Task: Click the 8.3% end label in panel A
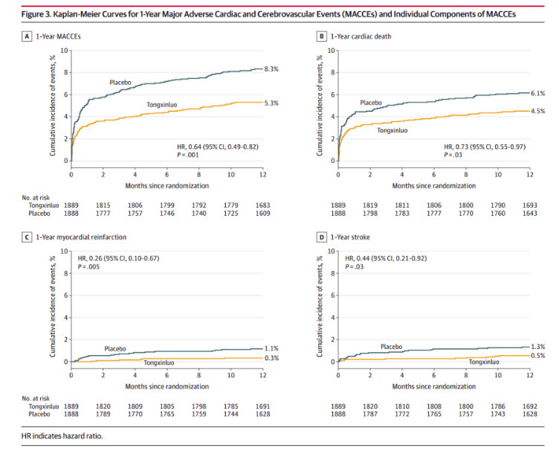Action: pos(271,68)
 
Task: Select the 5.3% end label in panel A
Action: pos(271,103)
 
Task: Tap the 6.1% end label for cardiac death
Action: pos(537,93)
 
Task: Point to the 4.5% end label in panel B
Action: pos(537,111)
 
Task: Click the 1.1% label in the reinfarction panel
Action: pos(271,348)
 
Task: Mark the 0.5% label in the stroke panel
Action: pos(537,356)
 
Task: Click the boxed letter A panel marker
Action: pos(27,36)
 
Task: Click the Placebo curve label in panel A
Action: pos(120,83)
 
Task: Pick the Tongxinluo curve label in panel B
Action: pos(395,130)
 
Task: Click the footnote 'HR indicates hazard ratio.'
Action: pos(62,435)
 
